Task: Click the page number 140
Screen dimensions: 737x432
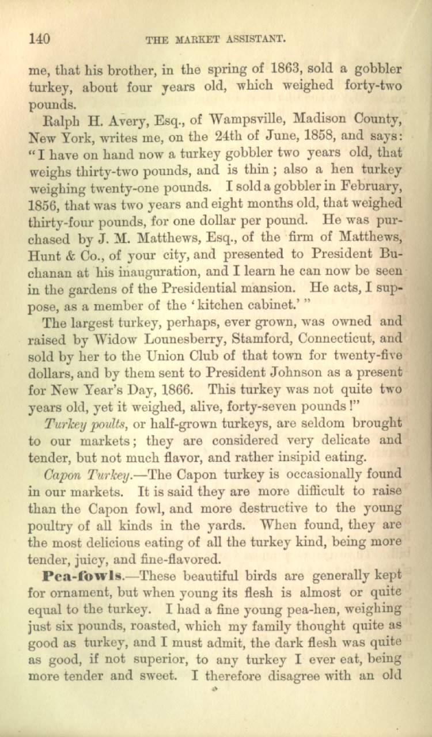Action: pyautogui.click(x=39, y=39)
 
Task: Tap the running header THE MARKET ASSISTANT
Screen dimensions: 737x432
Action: pyautogui.click(x=216, y=40)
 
